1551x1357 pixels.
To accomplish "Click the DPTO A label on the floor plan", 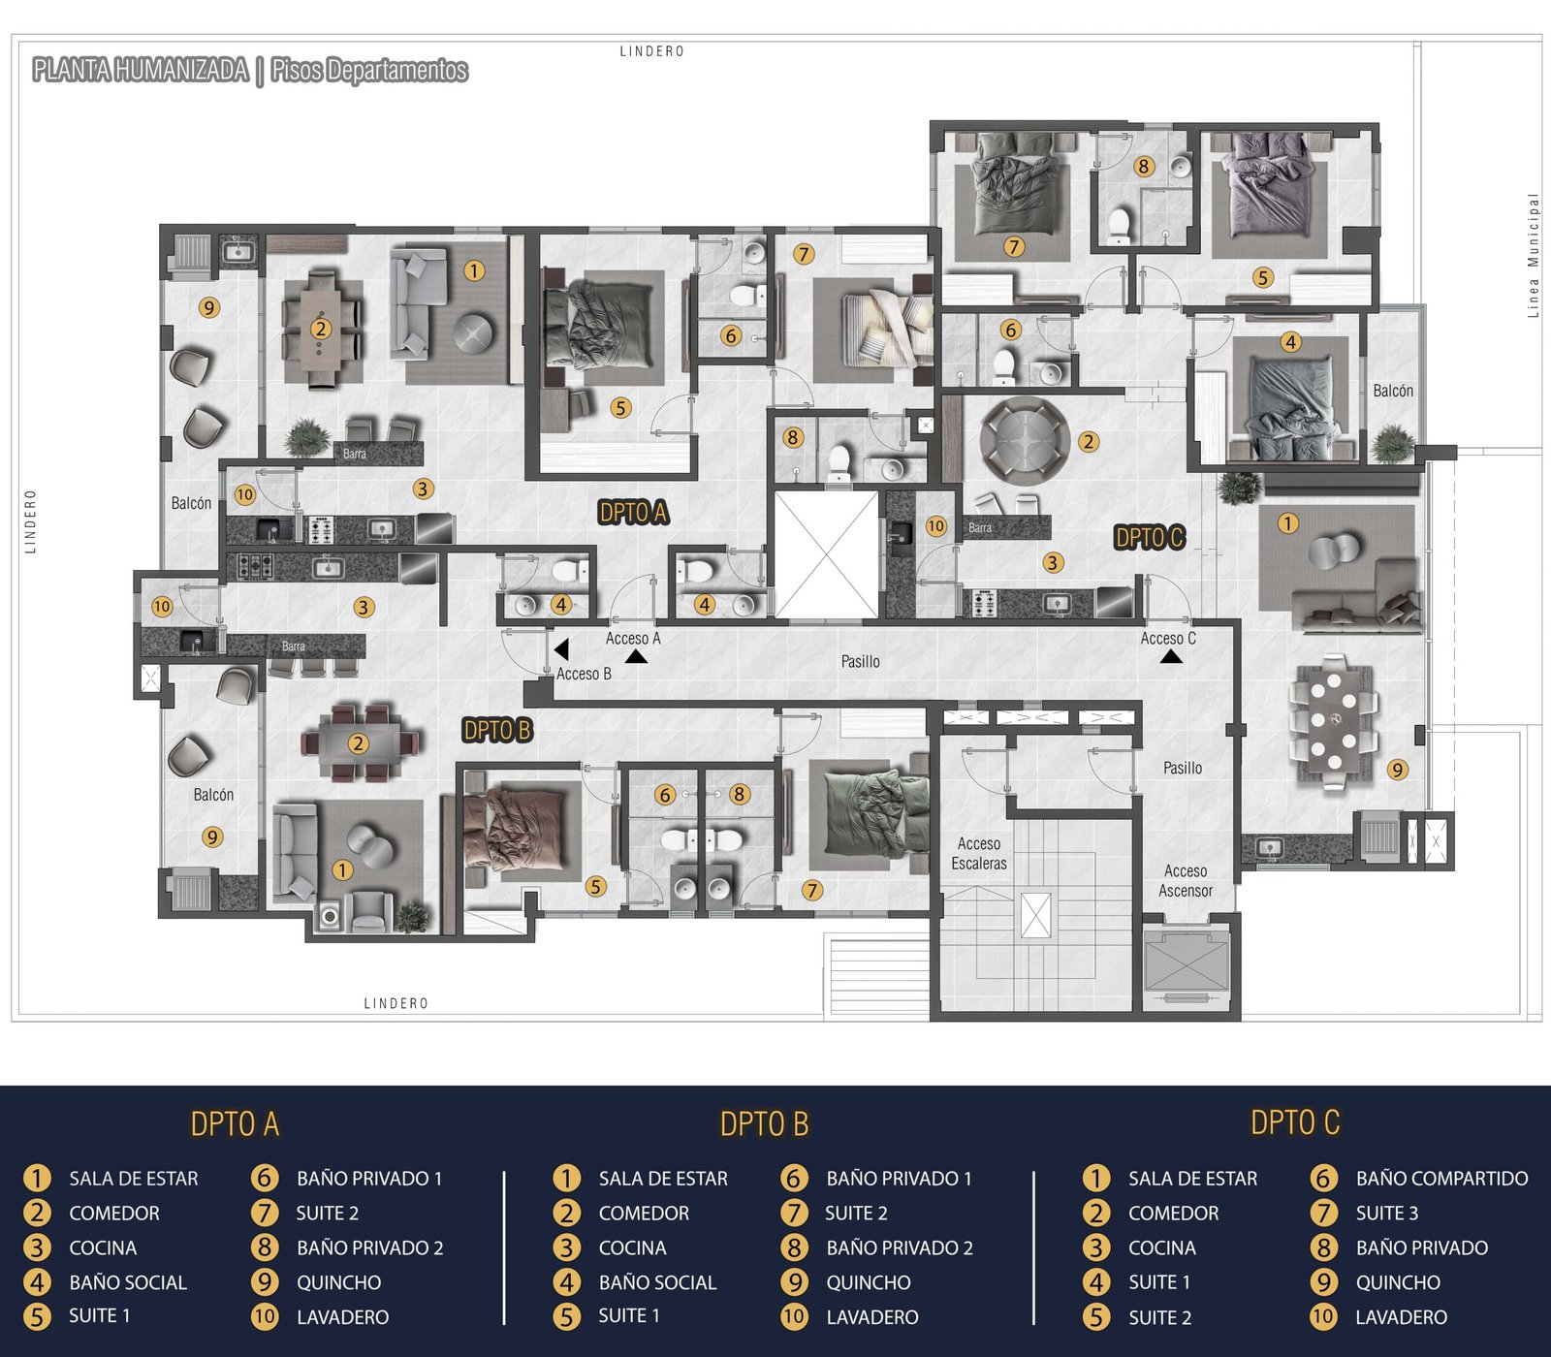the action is [633, 513].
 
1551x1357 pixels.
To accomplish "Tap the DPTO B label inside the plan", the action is [497, 730].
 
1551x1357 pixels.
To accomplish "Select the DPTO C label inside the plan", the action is [1150, 537].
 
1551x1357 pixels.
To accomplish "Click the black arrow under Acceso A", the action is [636, 656].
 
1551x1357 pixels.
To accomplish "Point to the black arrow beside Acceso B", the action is [561, 648].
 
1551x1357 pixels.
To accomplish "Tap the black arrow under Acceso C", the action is [1171, 656].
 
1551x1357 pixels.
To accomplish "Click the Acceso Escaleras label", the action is [979, 854].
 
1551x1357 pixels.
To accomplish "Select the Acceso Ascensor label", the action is [1186, 881].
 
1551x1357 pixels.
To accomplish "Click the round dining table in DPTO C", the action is [1025, 441].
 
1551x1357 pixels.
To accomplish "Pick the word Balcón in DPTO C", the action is [1393, 391].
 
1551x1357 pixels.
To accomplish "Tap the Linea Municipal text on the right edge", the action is [1533, 256].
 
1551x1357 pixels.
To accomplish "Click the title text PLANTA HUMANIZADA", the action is [141, 70].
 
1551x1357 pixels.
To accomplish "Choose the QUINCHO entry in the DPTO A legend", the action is [338, 1282].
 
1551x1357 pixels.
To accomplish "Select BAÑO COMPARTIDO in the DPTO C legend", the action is [1441, 1179].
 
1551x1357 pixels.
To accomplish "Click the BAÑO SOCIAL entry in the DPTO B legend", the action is [657, 1282].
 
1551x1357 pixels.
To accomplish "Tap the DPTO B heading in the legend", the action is [764, 1124].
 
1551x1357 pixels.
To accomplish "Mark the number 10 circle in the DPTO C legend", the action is [1323, 1317].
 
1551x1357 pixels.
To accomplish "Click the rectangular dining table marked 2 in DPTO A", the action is [321, 330].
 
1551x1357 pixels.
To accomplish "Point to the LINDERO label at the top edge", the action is [651, 51].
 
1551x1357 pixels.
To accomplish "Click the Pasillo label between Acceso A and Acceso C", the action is [861, 661].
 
